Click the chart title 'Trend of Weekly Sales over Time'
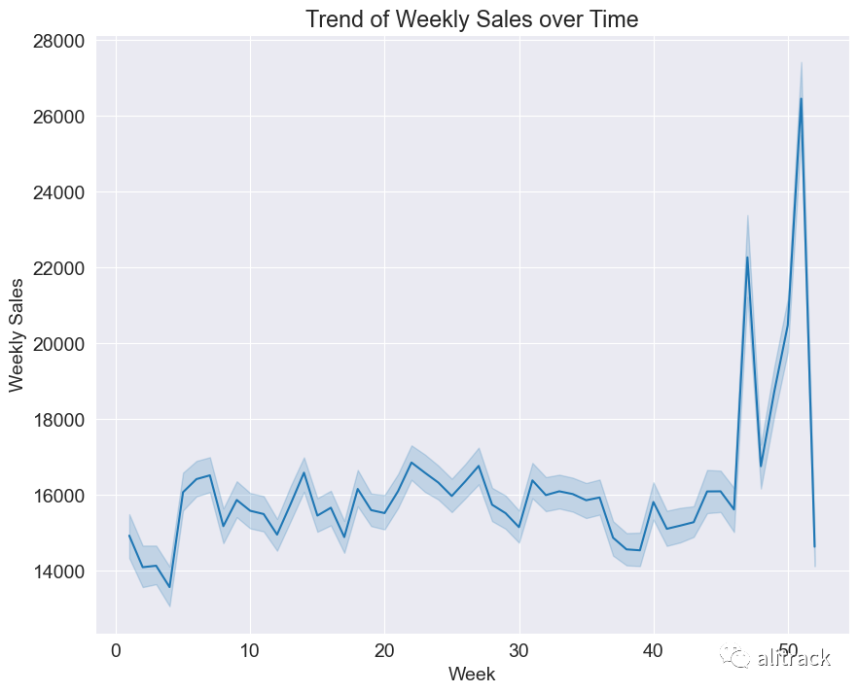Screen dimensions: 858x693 [x=472, y=19]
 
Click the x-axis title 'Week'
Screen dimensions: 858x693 [x=472, y=674]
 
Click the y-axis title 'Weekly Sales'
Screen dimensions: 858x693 [x=17, y=335]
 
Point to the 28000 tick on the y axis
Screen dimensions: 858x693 [x=58, y=41]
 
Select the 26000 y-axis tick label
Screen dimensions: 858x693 [x=58, y=117]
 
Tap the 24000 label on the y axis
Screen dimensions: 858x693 [x=58, y=192]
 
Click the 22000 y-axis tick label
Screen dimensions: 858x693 [x=58, y=268]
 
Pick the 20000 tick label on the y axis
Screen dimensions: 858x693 [x=58, y=344]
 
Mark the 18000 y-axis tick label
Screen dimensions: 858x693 [x=58, y=420]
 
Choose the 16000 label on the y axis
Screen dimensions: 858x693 [x=58, y=496]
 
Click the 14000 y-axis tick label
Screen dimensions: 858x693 [x=58, y=572]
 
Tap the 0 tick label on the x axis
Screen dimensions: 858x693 [x=116, y=651]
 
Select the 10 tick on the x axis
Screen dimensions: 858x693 [x=250, y=651]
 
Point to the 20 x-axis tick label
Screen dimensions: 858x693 [x=384, y=651]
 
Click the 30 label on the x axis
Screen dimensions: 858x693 [x=519, y=651]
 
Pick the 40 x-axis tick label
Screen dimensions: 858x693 [x=654, y=651]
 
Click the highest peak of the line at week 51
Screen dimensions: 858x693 [x=802, y=98]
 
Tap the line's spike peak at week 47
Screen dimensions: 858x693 [x=747, y=257]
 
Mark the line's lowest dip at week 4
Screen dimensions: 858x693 [x=169, y=587]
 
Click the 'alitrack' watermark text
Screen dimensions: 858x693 [x=794, y=657]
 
